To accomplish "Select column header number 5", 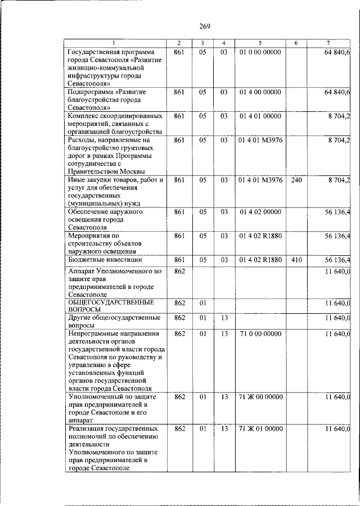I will (x=260, y=43).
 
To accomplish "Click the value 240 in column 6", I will (x=296, y=180).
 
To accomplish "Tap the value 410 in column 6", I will (x=296, y=260).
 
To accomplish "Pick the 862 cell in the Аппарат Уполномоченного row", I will (x=179, y=271).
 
